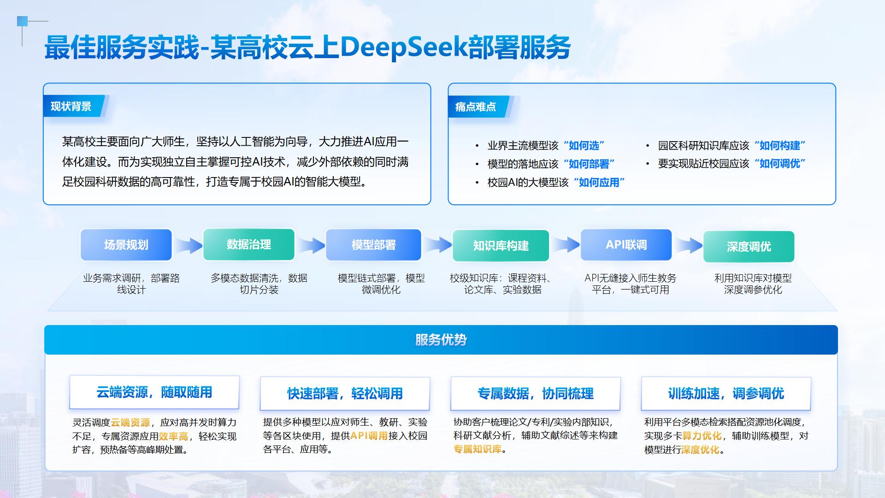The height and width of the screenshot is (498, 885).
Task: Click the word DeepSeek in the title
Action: tap(403, 47)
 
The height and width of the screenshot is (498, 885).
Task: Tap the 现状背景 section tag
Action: tap(71, 107)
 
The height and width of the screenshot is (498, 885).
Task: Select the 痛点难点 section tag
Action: tap(475, 107)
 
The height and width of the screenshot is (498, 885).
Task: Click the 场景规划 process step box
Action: tap(126, 245)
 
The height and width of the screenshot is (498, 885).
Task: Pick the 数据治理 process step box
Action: tap(248, 244)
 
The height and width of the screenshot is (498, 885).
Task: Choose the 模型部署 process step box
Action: tap(373, 245)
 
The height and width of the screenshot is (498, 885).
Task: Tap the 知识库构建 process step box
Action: tap(501, 246)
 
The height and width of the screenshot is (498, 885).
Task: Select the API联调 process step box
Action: tap(626, 245)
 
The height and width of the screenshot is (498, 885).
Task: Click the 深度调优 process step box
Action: tap(749, 247)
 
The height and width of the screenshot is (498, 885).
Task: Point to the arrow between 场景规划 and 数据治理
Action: tap(188, 245)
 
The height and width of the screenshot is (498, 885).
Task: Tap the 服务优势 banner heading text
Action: tap(441, 340)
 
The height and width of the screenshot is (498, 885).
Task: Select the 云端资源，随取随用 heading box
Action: tap(154, 392)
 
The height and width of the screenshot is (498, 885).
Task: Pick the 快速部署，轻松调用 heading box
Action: tap(345, 393)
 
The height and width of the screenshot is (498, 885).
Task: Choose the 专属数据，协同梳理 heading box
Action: tap(535, 393)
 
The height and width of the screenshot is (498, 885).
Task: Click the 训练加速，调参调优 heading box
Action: tap(726, 393)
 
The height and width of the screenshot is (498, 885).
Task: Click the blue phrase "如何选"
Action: tap(584, 146)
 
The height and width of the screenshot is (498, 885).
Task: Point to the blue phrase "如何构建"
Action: tap(780, 146)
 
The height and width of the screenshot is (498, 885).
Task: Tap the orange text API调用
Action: tap(369, 436)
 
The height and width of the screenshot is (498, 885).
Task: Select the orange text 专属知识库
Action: tap(477, 449)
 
